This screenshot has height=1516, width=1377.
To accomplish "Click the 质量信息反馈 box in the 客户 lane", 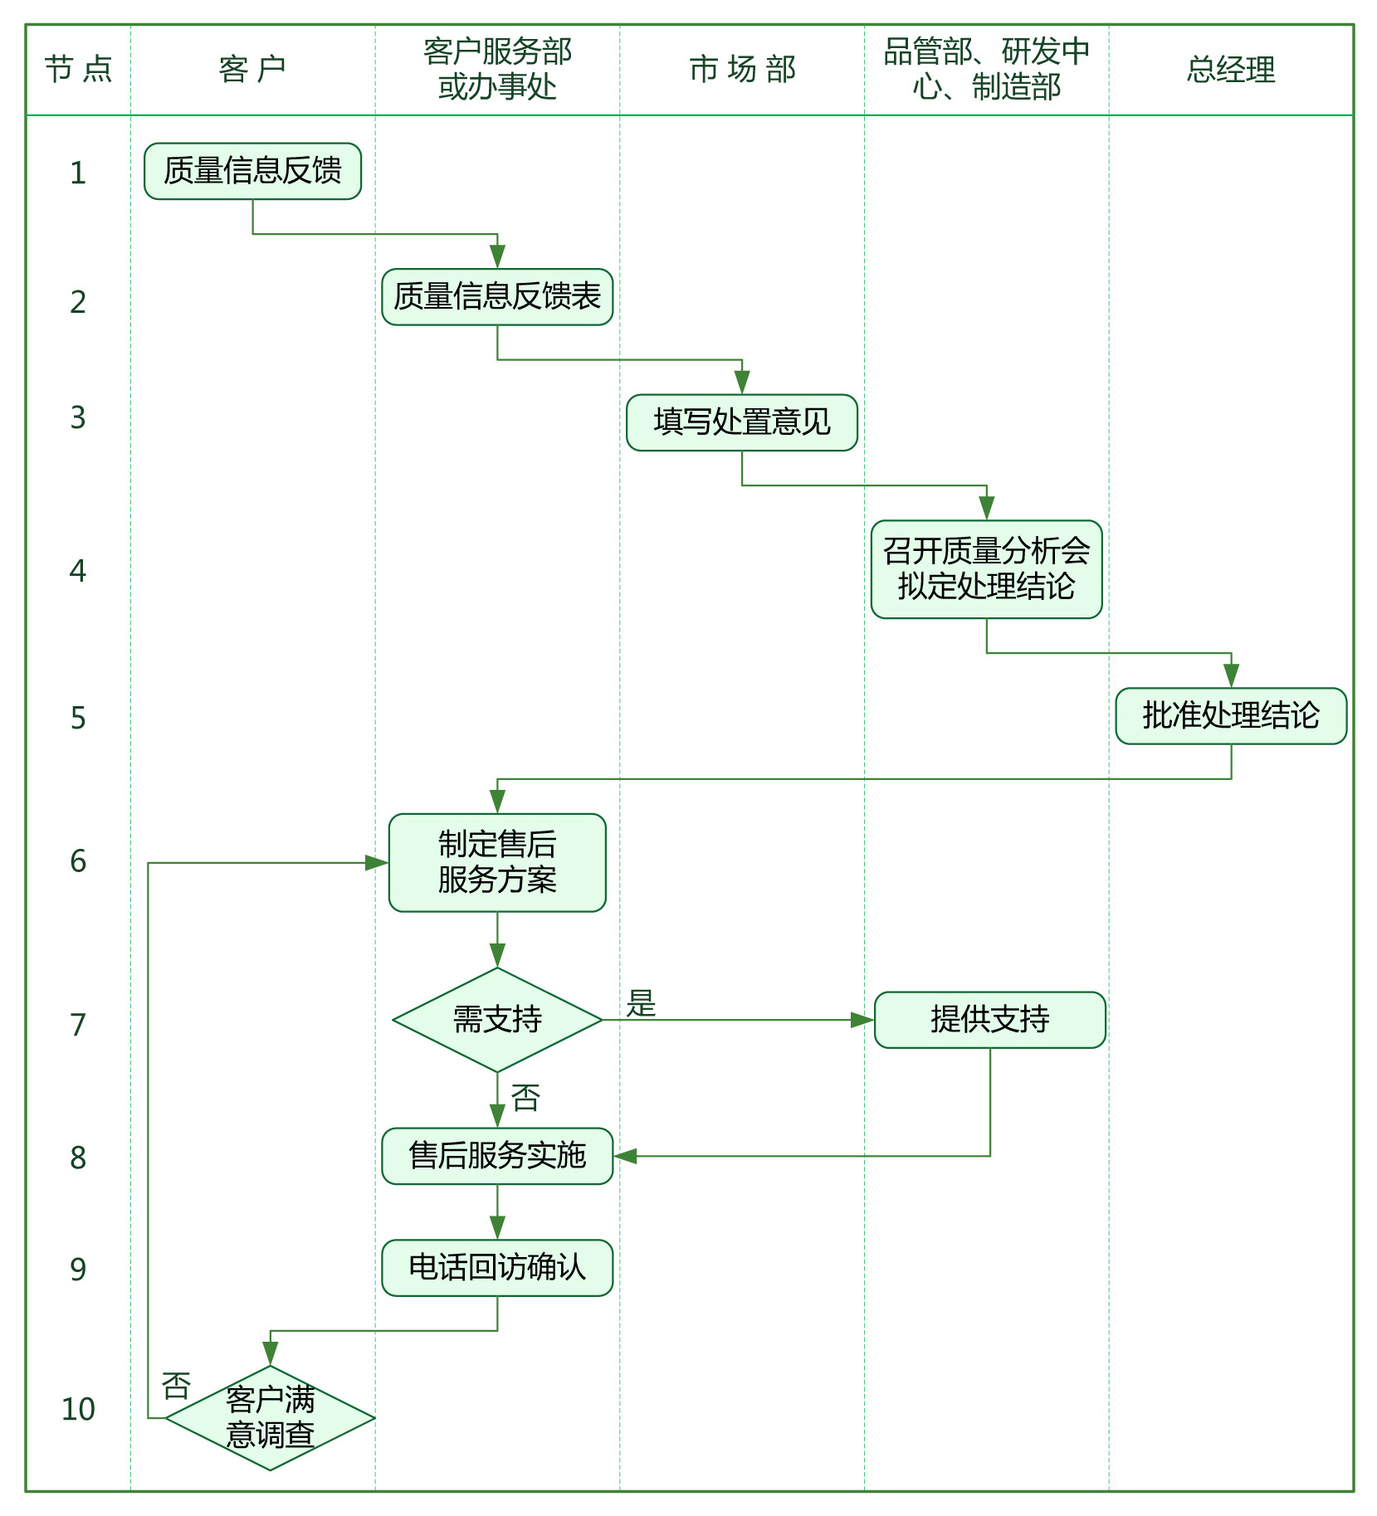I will point(252,171).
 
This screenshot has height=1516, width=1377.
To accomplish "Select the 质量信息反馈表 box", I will point(497,297).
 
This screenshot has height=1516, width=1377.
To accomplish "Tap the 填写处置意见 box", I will point(741,422).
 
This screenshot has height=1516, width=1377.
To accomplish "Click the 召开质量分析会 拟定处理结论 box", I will point(986,569).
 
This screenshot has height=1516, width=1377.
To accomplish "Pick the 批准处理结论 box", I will point(1230,715).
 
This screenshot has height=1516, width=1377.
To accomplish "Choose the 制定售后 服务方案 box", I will point(497,862).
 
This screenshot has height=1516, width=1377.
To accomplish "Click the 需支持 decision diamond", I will point(497,1020).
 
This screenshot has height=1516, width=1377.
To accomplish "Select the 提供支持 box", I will point(989,1020).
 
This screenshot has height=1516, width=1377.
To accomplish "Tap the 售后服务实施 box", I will point(497,1156).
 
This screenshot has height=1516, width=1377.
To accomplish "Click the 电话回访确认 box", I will point(497,1268).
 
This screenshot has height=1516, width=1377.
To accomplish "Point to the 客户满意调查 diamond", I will point(271,1418).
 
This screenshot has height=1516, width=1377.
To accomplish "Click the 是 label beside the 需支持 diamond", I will point(641,1003).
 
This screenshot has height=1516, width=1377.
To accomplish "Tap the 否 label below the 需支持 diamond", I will point(525,1098).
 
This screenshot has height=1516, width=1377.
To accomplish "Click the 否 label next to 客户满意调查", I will point(176,1386).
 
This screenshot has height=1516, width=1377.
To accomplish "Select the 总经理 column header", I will point(1230,70).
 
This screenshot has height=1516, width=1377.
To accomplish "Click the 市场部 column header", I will point(742,70).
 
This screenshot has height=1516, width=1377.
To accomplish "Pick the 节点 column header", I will point(78,70).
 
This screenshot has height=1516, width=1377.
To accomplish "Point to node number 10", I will point(78,1409).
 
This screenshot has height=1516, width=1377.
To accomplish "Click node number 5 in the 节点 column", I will point(78,718).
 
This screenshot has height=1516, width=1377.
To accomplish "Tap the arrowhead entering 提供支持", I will point(863,1020).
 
